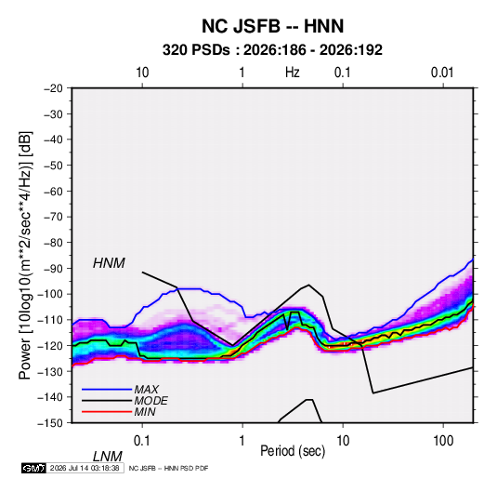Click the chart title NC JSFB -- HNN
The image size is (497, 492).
[272, 26]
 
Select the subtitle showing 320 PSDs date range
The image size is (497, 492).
[272, 50]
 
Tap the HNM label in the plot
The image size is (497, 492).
[109, 263]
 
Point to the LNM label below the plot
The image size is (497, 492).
[108, 457]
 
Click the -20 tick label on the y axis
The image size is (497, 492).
[53, 88]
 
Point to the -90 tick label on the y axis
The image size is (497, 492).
[53, 268]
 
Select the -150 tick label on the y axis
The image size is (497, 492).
[50, 423]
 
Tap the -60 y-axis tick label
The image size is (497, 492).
[53, 191]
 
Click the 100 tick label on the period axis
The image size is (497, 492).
[443, 441]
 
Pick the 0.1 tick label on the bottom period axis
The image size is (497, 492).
[142, 441]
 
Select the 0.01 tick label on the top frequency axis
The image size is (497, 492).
[442, 73]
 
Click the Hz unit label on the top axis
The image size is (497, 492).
[293, 73]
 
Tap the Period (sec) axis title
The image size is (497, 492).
[293, 451]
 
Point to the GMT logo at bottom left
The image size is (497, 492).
[33, 468]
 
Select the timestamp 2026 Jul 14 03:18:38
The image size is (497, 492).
[85, 468]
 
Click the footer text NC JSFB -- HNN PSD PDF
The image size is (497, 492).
[169, 468]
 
